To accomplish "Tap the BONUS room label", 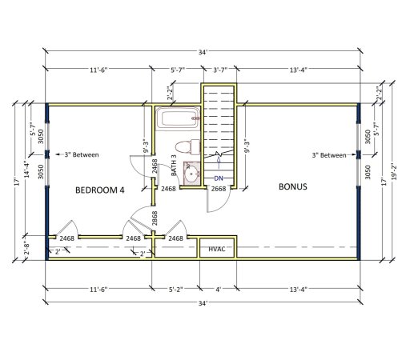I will coord(292,187).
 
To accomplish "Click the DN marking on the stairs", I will coord(218,178).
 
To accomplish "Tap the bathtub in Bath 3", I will coord(178,119).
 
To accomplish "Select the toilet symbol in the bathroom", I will coord(184,146).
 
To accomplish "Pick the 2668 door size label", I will coord(218,189).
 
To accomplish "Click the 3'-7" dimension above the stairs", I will coord(217,70).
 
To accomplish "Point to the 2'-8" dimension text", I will coord(26,247).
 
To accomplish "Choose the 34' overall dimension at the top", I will coord(205,52).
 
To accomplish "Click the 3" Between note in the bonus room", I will coord(329,155).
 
